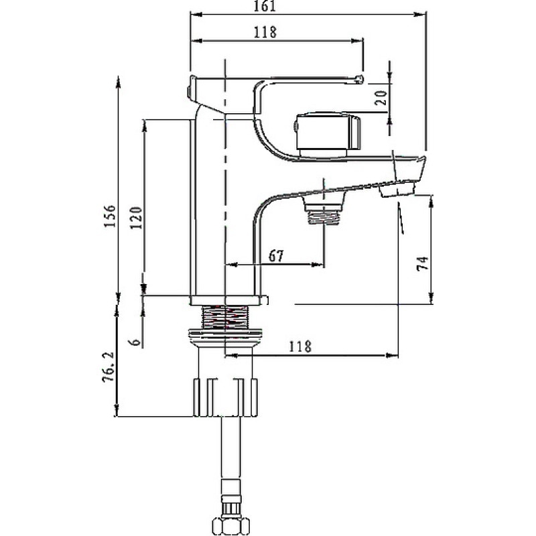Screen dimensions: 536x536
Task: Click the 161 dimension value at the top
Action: click(265, 6)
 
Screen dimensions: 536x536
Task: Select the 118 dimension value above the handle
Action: click(265, 32)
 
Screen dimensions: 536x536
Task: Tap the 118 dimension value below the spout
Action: click(300, 346)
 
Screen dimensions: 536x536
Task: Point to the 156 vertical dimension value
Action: click(110, 216)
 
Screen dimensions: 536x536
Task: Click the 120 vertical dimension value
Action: click(136, 218)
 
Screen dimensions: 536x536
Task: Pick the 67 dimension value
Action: click(276, 256)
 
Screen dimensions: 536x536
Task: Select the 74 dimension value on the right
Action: click(423, 263)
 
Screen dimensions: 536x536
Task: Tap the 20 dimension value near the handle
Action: click(381, 98)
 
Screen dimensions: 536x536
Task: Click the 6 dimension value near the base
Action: click(136, 342)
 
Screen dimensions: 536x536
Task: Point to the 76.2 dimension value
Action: click(109, 366)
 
